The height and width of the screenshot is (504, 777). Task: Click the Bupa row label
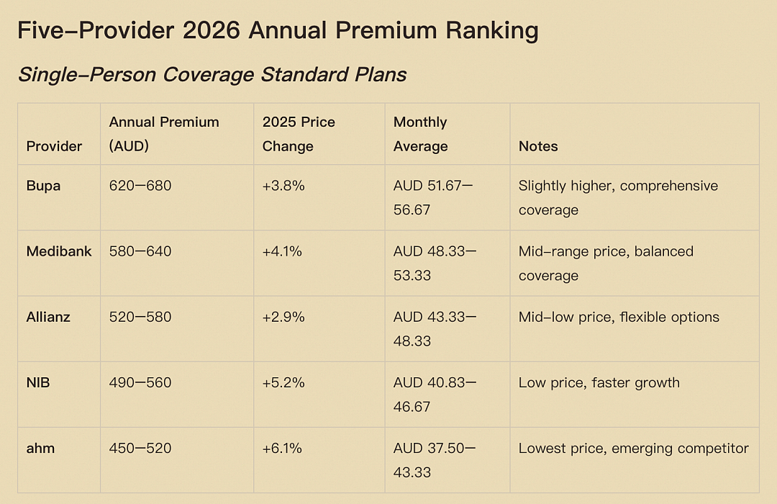43,186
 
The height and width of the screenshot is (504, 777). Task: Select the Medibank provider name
58,251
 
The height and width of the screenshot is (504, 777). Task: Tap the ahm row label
40,449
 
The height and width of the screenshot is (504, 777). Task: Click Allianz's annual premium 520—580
140,317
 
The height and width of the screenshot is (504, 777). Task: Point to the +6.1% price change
282,449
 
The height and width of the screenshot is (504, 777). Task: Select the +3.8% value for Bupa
283,186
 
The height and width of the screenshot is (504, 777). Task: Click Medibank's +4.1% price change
282,251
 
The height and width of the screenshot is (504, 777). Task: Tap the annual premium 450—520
140,449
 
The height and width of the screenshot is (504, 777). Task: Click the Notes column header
538,146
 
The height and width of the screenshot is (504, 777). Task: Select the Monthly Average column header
421,134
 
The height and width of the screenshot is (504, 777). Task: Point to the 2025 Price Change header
299,134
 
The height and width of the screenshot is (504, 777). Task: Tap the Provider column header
54,146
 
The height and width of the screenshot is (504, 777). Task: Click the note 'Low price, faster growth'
599,382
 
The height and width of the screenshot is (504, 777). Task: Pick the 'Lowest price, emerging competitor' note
633,449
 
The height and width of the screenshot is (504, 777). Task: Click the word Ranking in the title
492,31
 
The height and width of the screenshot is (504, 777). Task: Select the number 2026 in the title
211,31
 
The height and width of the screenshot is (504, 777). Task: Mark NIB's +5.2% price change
283,382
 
